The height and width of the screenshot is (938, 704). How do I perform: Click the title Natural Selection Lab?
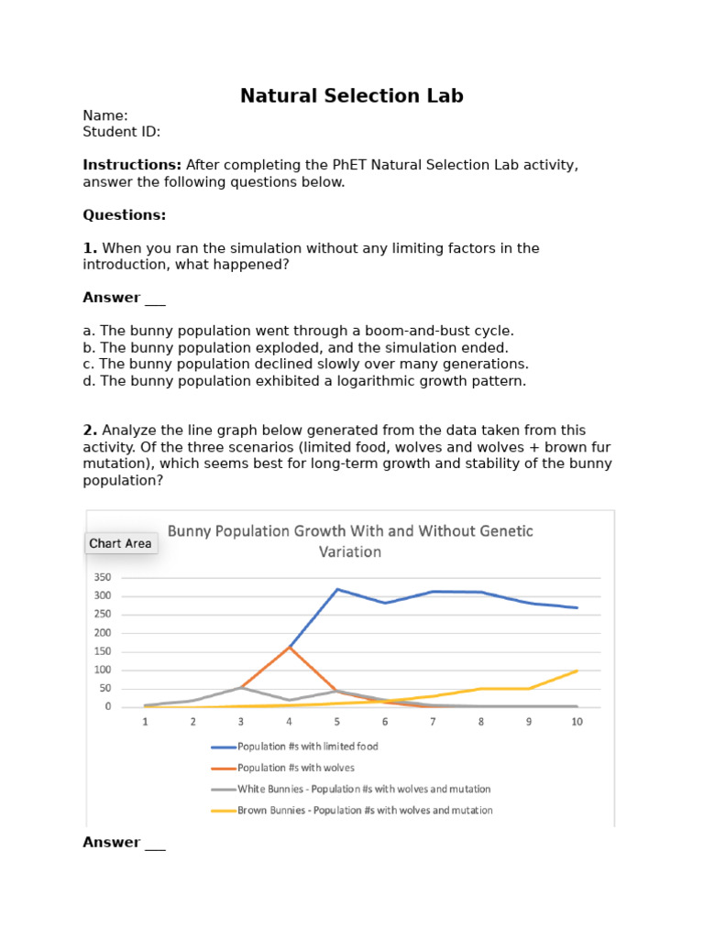coord(352,95)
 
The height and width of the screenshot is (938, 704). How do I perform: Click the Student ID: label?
coord(121,132)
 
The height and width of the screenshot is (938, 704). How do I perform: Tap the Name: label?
coord(105,115)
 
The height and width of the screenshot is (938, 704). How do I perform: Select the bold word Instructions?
coord(132,165)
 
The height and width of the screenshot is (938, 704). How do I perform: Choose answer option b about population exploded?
coord(295,347)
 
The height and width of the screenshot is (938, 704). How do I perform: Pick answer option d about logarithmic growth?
coord(304,381)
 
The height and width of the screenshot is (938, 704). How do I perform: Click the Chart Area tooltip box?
coord(120,543)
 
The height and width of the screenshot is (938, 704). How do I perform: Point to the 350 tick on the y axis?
coord(102,577)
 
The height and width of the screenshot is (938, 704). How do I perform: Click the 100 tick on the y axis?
coord(102,670)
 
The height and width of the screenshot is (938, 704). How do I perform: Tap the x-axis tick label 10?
coord(577,722)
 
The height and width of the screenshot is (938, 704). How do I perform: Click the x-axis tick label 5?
coord(337,722)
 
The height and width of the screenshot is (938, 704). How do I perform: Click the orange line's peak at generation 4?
coord(290,647)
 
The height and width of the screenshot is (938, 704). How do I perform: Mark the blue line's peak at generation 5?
coord(337,589)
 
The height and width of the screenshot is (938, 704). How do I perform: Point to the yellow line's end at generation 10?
coord(577,671)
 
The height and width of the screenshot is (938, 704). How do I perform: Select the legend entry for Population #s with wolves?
coord(294,768)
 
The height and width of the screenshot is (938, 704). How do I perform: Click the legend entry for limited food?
coord(307,747)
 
